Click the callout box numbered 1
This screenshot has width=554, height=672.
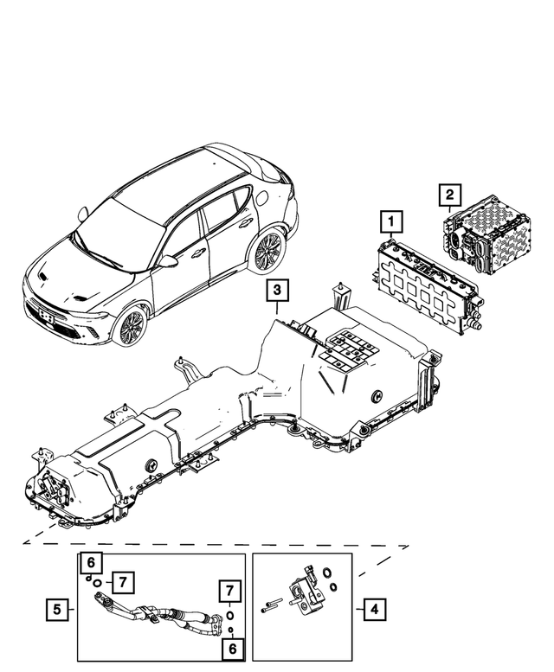[391, 222]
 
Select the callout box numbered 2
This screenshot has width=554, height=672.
[449, 196]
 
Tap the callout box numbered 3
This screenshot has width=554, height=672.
[274, 292]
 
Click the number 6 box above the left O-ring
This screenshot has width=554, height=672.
[92, 563]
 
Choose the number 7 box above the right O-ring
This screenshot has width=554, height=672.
[229, 592]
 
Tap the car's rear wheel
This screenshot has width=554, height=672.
[265, 249]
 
